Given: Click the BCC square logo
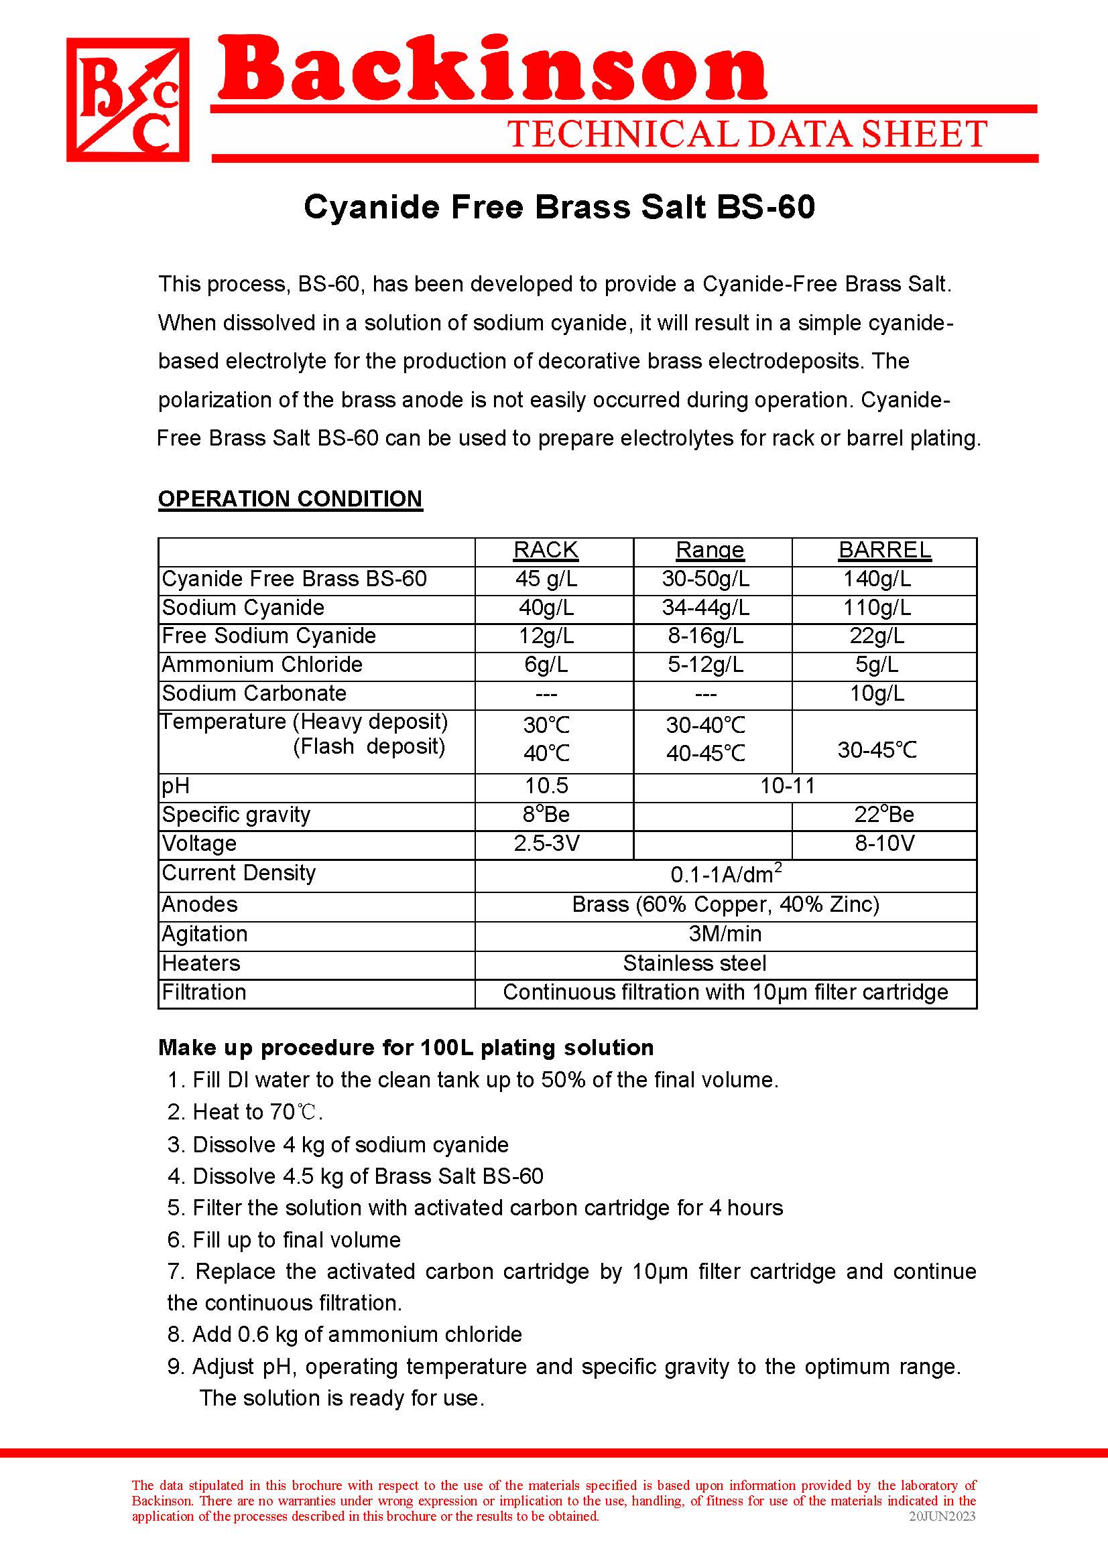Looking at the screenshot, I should click(x=127, y=100).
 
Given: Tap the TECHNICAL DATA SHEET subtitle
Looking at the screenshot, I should click(x=747, y=135).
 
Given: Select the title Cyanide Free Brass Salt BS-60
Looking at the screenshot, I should click(x=559, y=207).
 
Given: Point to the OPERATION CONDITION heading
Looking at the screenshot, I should click(x=290, y=499).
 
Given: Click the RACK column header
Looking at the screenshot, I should click(x=546, y=550).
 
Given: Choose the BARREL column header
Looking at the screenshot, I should click(x=884, y=550).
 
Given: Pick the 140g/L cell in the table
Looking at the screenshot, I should click(x=877, y=579).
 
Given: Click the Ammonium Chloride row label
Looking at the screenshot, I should click(x=262, y=665).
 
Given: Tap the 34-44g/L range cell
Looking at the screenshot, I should click(x=705, y=608).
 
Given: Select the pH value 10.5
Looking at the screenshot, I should click(x=546, y=786).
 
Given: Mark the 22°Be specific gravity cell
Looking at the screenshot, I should click(x=883, y=815).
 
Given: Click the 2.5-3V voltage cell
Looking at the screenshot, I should click(x=546, y=843).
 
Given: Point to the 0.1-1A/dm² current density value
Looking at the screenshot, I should click(x=726, y=874).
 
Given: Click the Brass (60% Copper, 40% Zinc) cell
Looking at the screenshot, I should click(x=725, y=905).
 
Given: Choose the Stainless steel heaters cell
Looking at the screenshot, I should click(x=694, y=963).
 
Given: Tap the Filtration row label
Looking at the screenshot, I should click(x=204, y=992).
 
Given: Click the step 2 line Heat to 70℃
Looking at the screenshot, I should click(x=245, y=1113).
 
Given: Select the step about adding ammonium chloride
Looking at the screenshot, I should click(x=345, y=1335).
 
